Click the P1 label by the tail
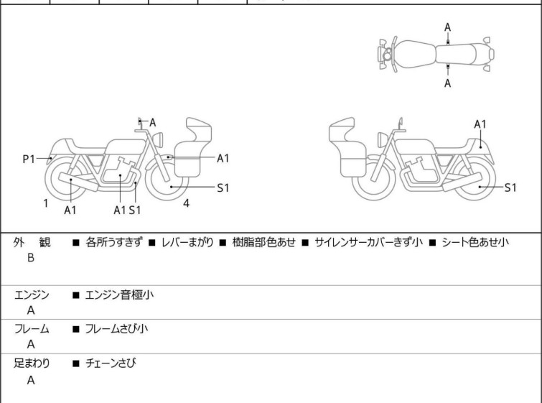tap(29, 159)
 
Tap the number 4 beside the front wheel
tap(186, 203)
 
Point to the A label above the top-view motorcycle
tap(447, 27)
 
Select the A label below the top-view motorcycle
tap(447, 83)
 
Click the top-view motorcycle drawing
tap(436, 54)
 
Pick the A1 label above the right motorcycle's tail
tap(480, 124)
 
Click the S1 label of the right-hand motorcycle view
tap(510, 187)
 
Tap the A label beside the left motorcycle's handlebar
tap(153, 123)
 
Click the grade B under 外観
tap(31, 257)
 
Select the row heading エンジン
tap(32, 295)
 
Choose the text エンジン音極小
tap(119, 295)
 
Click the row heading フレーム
tap(32, 329)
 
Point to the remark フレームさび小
tap(117, 329)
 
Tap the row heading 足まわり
tap(32, 363)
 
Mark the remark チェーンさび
tap(111, 363)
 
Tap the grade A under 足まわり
tap(31, 381)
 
